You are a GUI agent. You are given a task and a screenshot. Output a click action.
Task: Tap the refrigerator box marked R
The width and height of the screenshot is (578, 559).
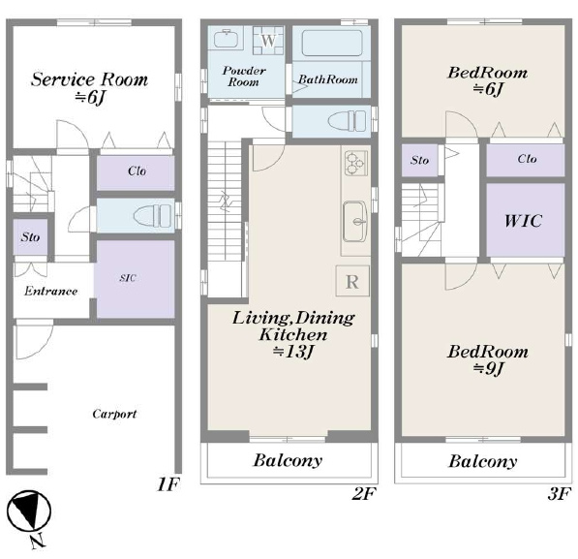tap(352, 281)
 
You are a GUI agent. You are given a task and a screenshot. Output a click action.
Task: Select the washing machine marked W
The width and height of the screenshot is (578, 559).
tap(268, 41)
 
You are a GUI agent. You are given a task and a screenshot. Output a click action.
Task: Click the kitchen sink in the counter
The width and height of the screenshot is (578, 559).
tap(355, 222)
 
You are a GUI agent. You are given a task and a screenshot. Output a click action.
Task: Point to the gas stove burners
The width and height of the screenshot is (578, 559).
tap(355, 163)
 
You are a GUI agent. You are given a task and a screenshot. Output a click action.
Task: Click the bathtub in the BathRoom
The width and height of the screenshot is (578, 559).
tap(332, 43)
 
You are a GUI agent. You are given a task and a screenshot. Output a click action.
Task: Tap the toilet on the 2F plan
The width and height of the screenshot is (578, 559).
tap(347, 121)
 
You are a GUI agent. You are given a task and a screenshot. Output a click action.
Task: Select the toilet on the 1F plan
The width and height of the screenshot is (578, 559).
tap(152, 216)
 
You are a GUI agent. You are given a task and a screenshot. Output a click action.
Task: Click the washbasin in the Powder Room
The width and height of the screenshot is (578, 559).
tap(227, 39)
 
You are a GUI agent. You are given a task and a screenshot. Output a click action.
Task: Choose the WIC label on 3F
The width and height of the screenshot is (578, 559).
tap(524, 221)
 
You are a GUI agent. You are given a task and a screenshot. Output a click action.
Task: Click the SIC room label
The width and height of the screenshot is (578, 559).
tap(128, 278)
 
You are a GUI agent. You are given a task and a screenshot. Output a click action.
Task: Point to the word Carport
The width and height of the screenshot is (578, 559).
tap(114, 414)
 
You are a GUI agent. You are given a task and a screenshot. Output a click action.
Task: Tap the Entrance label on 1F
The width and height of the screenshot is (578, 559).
tap(51, 291)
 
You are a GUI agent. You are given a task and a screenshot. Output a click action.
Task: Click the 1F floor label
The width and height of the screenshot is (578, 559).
tap(168, 484)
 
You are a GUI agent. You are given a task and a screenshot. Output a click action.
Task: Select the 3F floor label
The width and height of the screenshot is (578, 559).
tap(560, 494)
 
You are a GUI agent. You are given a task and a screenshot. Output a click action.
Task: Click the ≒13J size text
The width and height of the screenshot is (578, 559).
tap(293, 352)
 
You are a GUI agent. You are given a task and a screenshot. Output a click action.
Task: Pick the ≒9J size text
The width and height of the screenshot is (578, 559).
tap(488, 368)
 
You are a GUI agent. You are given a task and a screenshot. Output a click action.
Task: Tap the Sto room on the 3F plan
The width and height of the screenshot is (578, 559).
tap(419, 160)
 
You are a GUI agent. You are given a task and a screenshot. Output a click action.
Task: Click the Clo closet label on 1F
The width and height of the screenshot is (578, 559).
tap(137, 171)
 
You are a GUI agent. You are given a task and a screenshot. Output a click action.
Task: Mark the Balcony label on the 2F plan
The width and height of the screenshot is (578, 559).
tap(288, 460)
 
